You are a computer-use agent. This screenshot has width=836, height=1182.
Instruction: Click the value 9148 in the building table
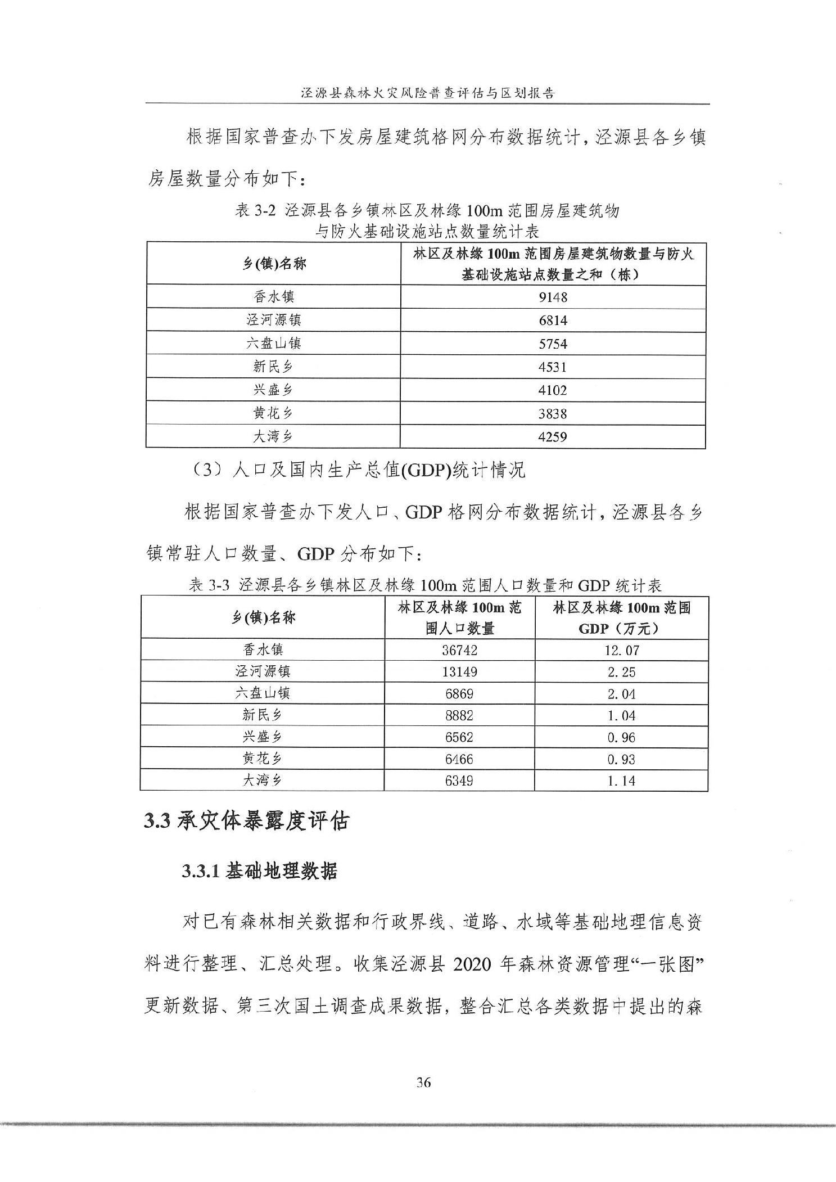[553, 297]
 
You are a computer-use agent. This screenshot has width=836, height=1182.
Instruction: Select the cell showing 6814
[553, 321]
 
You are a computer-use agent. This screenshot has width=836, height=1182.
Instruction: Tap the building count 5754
[553, 344]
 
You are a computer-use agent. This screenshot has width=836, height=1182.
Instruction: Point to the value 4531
[553, 367]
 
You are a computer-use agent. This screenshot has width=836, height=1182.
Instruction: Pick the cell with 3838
[553, 414]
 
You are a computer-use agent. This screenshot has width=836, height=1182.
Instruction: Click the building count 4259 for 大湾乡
[553, 437]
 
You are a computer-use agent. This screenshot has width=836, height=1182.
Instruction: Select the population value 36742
[459, 650]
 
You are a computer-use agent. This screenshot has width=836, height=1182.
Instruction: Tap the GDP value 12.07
[621, 650]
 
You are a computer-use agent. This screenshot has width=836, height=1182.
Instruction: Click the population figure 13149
[459, 672]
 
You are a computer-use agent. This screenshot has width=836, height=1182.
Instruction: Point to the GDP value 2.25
[621, 672]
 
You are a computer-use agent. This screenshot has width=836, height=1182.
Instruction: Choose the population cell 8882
[459, 715]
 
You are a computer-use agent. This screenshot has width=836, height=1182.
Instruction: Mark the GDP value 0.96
[621, 737]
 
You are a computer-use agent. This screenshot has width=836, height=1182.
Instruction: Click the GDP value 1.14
[621, 781]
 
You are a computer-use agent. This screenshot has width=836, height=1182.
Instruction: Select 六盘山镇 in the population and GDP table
[263, 693]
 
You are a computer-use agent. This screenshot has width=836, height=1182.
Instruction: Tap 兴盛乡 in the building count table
[273, 390]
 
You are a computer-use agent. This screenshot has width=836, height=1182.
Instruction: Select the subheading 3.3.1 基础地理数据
[259, 871]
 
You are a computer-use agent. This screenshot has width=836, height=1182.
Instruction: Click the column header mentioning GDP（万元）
[621, 618]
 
